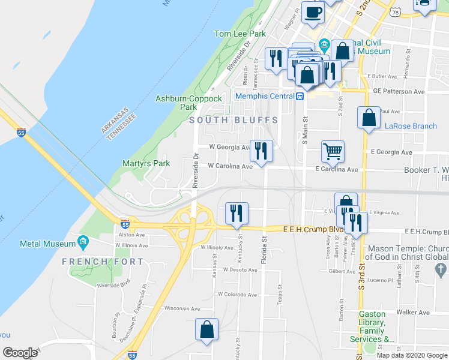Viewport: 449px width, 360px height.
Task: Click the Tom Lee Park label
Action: point(240,34)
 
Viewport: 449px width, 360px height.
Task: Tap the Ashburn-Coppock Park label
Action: point(188,103)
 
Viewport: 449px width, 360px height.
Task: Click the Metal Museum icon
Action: point(83,244)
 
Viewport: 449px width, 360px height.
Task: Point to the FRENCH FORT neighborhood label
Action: point(103,262)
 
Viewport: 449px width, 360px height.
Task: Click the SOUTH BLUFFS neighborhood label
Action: point(234,120)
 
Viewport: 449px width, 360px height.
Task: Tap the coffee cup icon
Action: point(312,12)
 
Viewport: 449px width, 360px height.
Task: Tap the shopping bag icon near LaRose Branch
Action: point(369,117)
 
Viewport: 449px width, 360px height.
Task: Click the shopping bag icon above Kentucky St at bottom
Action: point(206,329)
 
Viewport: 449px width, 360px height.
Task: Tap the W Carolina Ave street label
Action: point(230,166)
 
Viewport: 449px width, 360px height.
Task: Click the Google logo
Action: point(20,353)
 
